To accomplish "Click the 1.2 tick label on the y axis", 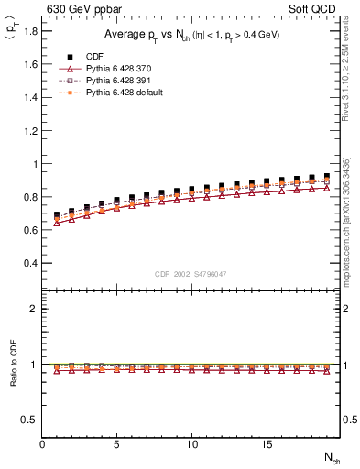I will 31,131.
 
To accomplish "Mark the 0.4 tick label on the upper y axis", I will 31,263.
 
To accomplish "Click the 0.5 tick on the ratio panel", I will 31,420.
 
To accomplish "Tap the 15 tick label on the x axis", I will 266,445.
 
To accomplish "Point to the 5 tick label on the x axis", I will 116,445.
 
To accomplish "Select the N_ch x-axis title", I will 333,458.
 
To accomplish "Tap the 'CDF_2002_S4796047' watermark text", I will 191,274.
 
